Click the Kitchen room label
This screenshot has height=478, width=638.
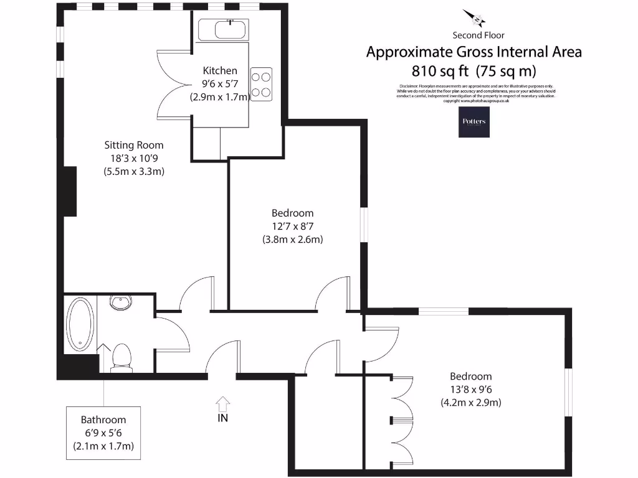point(220,71)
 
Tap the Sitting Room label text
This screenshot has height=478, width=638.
point(133,146)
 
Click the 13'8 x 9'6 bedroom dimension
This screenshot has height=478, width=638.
point(470,390)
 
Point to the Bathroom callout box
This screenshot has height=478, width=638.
point(103,433)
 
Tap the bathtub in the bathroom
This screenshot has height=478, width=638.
point(80,324)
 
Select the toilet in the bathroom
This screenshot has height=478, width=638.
point(121,358)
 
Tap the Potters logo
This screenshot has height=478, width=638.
point(474,122)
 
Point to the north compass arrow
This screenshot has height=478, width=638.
point(474,18)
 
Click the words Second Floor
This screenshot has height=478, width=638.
point(478,35)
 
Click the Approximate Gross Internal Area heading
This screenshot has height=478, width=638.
point(474,52)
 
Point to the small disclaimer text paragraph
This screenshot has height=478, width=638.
point(475,93)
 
